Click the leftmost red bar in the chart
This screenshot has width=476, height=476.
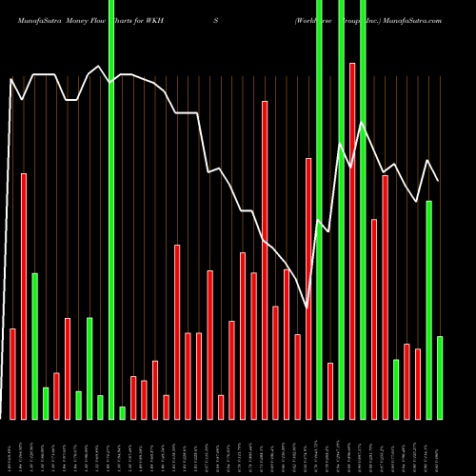tap(12, 373)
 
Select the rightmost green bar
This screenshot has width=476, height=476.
tap(440, 377)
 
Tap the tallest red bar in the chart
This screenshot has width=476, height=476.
tap(352, 241)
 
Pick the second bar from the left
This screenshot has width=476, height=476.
tap(24, 296)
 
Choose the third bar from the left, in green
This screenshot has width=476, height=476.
tap(34, 346)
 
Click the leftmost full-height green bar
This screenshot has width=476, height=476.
tap(111, 209)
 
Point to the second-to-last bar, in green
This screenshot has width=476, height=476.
tap(429, 309)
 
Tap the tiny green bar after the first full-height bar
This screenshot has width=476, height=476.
tap(122, 412)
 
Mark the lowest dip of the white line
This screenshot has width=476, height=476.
tap(307, 307)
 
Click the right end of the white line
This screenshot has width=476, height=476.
tap(439, 181)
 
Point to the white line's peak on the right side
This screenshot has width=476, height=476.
tap(362, 123)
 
